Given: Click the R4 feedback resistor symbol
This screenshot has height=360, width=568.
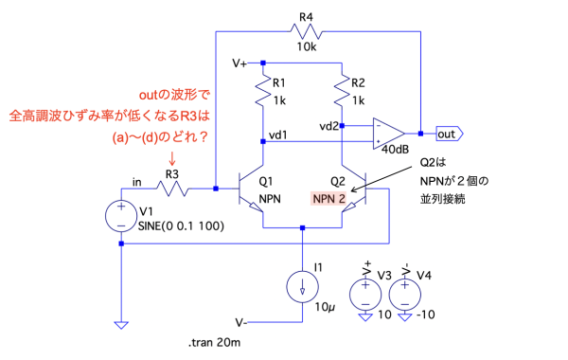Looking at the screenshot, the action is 306,31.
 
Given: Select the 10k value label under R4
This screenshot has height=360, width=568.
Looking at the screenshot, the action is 307,46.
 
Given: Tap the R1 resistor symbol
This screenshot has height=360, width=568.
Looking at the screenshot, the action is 263,91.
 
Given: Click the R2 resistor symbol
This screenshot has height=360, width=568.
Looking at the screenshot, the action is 342,91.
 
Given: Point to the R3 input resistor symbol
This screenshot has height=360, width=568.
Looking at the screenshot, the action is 172,189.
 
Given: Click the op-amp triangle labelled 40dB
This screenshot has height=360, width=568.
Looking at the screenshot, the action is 388,134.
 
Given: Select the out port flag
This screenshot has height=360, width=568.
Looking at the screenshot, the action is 450,134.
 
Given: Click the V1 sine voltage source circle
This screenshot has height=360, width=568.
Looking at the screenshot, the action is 121,216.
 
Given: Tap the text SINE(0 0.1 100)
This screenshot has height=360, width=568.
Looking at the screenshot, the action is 181,226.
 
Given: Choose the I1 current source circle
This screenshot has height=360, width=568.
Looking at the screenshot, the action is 303,287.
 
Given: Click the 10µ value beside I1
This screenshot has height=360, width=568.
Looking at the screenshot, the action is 325,307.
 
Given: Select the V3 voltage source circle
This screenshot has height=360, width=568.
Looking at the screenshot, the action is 365,294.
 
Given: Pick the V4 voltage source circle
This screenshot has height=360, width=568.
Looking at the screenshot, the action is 404,294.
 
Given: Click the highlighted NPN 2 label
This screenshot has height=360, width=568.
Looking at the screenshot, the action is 328,199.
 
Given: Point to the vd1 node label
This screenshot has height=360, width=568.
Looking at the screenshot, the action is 277,135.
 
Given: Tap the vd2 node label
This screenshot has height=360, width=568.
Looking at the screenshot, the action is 328,126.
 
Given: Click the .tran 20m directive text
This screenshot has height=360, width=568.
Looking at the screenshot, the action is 214,343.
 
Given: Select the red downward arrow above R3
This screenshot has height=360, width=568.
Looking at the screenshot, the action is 172,158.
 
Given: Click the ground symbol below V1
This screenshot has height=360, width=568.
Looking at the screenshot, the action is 121,325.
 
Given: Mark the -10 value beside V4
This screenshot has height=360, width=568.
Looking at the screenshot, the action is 426,315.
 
